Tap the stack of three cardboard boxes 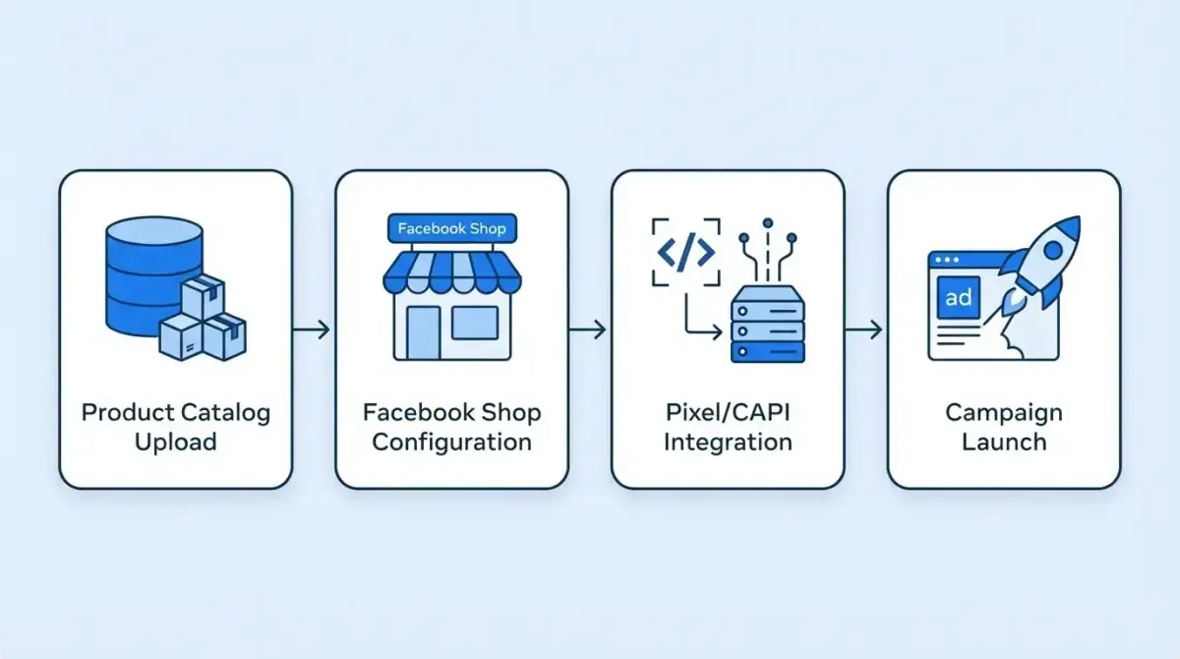pyautogui.click(x=205, y=321)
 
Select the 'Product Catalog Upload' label pyautogui.click(x=175, y=426)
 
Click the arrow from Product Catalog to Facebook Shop pyautogui.click(x=313, y=329)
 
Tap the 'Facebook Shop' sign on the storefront pyautogui.click(x=451, y=229)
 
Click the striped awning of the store pyautogui.click(x=451, y=272)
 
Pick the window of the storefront pyautogui.click(x=474, y=323)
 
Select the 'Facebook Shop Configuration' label pyautogui.click(x=451, y=426)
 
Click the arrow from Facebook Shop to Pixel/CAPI pyautogui.click(x=589, y=329)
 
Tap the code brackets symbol pyautogui.click(x=685, y=253)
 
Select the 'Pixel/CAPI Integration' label pyautogui.click(x=728, y=426)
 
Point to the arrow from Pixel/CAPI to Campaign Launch pyautogui.click(x=864, y=329)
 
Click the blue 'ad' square pyautogui.click(x=958, y=296)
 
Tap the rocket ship pyautogui.click(x=1039, y=262)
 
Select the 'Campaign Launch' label pyautogui.click(x=1003, y=426)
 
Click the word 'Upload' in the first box pyautogui.click(x=175, y=442)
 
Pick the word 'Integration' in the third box pyautogui.click(x=728, y=442)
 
